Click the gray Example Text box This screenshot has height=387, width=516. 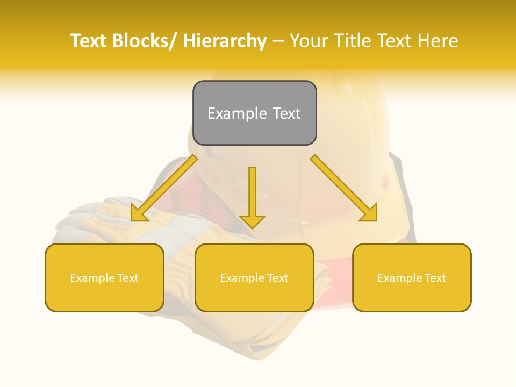point(254,113)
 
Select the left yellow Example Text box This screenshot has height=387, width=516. point(104,277)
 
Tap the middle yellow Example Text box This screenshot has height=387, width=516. point(254,277)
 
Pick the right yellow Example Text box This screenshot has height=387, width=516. point(412,277)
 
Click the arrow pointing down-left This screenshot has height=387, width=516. point(164,188)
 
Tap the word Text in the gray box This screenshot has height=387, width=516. point(286,113)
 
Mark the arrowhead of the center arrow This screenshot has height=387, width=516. point(253,220)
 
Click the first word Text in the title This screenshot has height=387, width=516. point(89,41)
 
